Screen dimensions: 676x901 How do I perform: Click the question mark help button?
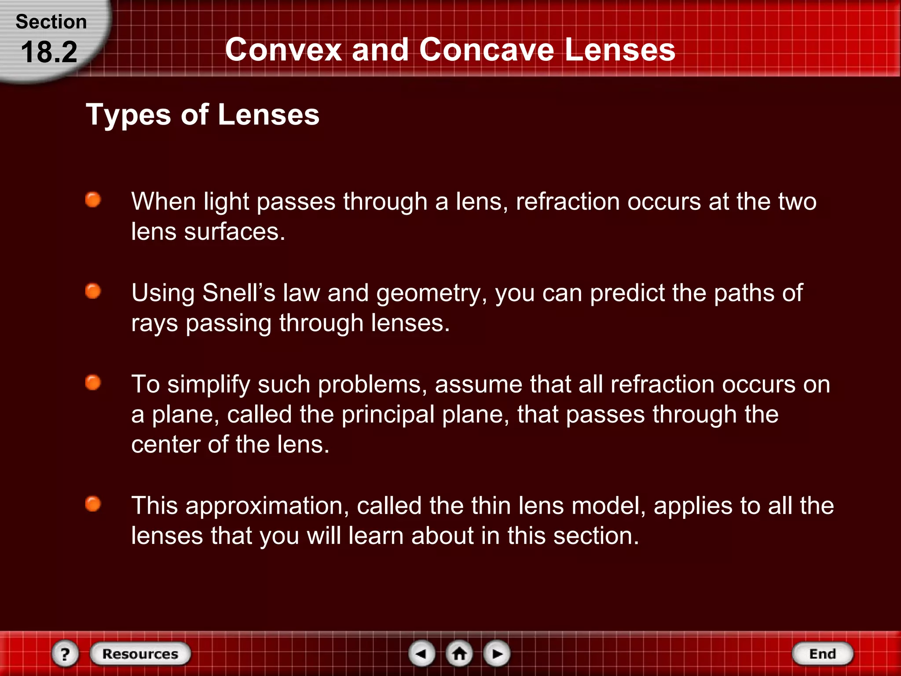[65, 654]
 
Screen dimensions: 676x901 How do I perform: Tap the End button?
[822, 654]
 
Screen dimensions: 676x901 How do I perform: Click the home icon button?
[459, 654]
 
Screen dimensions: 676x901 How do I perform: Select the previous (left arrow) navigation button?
[421, 654]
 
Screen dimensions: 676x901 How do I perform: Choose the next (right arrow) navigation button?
[497, 654]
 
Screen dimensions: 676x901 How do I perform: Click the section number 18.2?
[49, 52]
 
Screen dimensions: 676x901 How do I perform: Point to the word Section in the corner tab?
[51, 22]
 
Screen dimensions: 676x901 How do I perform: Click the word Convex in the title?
[283, 49]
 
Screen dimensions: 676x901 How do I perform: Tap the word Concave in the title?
[487, 49]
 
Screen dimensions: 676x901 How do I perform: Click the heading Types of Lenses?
[202, 115]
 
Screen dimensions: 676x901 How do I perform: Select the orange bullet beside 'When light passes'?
[93, 200]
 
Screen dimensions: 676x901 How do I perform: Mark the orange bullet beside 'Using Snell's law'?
[93, 291]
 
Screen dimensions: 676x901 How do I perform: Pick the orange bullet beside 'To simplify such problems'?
[93, 382]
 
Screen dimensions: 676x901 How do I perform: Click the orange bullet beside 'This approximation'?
[93, 504]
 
